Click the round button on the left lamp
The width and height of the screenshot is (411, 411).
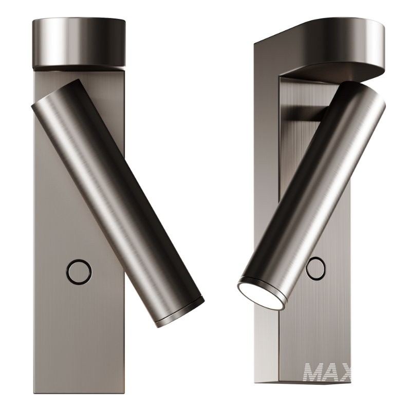click(80, 271)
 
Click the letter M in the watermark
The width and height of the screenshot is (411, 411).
click(315, 371)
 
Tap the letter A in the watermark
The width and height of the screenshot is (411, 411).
click(337, 371)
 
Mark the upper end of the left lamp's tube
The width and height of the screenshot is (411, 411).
click(54, 98)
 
